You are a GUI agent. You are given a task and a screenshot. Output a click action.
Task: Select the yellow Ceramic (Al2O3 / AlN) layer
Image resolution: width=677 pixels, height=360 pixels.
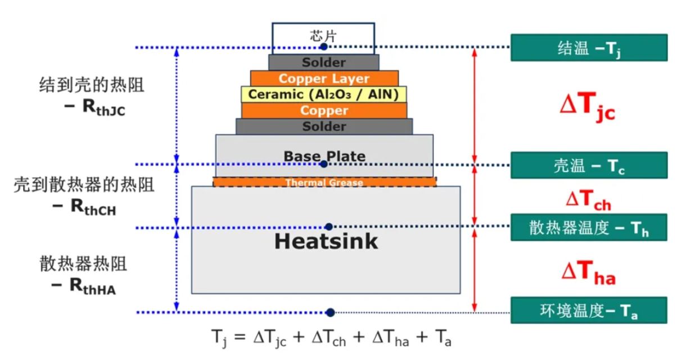point(324,94)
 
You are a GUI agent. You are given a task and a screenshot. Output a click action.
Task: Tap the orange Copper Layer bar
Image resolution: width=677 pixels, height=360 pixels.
point(324,78)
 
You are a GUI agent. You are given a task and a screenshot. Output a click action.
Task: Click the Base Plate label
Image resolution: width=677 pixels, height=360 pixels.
point(324,155)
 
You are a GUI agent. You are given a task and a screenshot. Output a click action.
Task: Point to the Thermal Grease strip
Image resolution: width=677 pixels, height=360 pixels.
point(324,182)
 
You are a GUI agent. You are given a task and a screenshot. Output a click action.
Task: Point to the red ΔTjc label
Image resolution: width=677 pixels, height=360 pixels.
point(587,107)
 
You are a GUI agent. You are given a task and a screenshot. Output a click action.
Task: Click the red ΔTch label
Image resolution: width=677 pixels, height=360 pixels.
point(587,199)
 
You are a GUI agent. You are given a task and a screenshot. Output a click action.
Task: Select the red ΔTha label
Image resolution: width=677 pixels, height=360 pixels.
point(588,273)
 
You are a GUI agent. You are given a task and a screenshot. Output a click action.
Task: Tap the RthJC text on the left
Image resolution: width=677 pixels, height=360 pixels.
point(95,109)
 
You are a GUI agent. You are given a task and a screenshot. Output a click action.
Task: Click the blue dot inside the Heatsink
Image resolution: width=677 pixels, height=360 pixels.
point(329,227)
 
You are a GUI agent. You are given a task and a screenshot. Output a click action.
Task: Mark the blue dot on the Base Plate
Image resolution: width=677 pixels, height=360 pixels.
point(323,164)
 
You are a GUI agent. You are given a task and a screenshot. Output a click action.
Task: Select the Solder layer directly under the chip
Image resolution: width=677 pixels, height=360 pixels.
point(324,62)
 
